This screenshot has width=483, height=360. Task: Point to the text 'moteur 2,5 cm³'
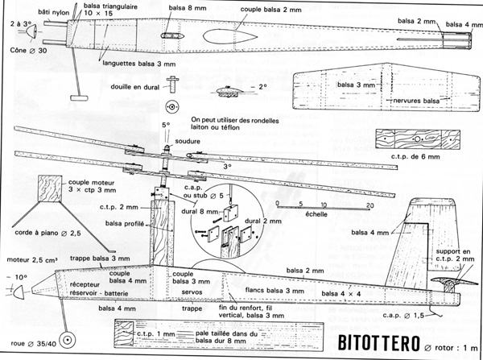click(x=28, y=262)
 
